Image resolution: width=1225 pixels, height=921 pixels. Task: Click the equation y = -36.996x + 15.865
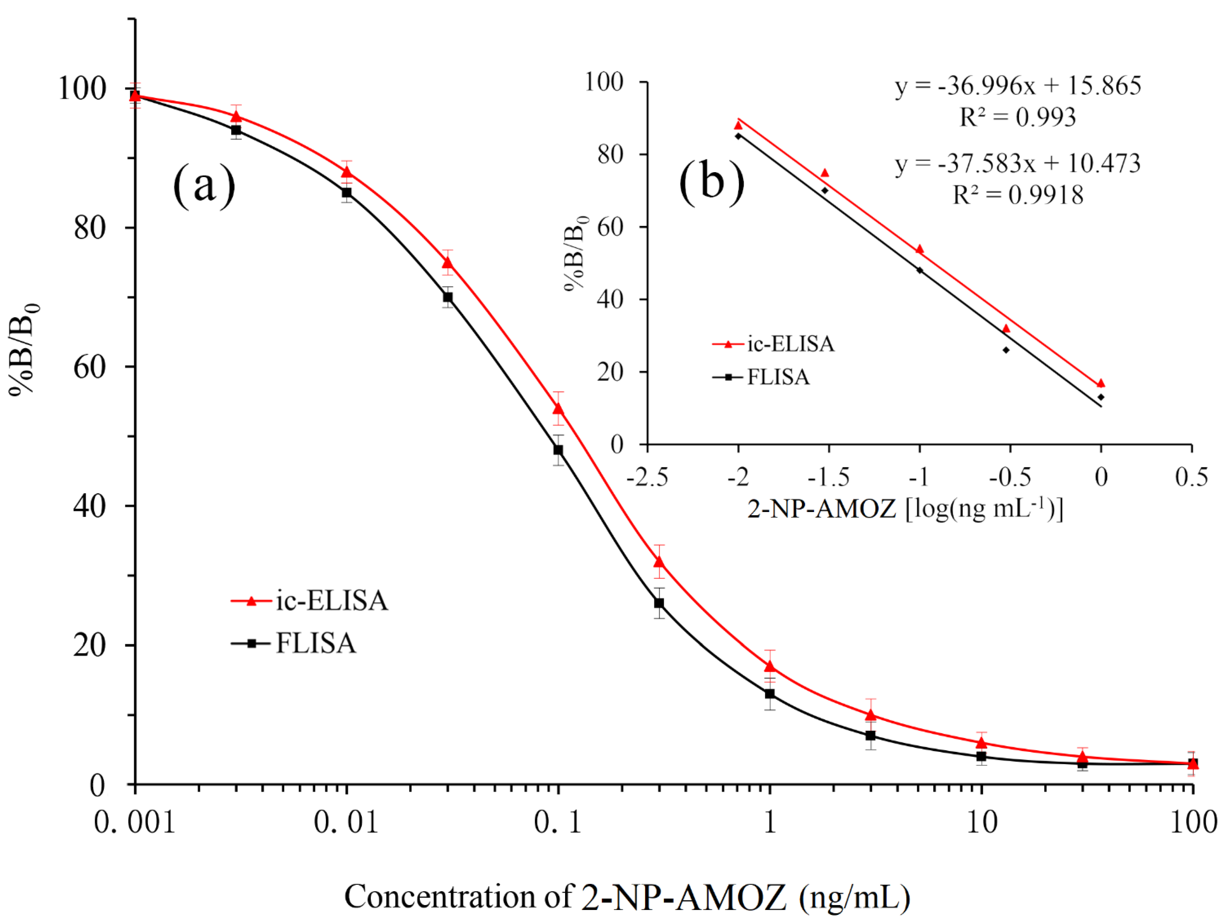click(x=1018, y=86)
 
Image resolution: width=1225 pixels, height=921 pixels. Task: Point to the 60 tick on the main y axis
click(x=90, y=367)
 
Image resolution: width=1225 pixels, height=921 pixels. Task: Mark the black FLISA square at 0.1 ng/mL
click(x=558, y=450)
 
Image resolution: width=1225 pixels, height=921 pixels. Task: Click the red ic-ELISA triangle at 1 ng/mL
click(x=770, y=666)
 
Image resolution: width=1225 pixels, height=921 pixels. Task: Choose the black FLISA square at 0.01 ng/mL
click(x=347, y=193)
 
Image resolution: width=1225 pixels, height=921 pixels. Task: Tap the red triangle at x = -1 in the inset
click(x=920, y=250)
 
